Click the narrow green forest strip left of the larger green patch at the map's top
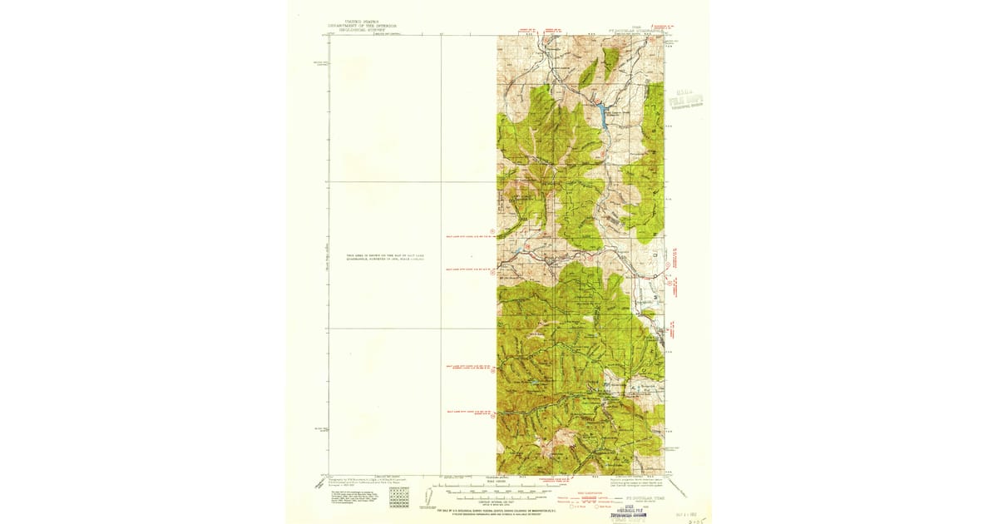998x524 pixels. coord(589,73)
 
